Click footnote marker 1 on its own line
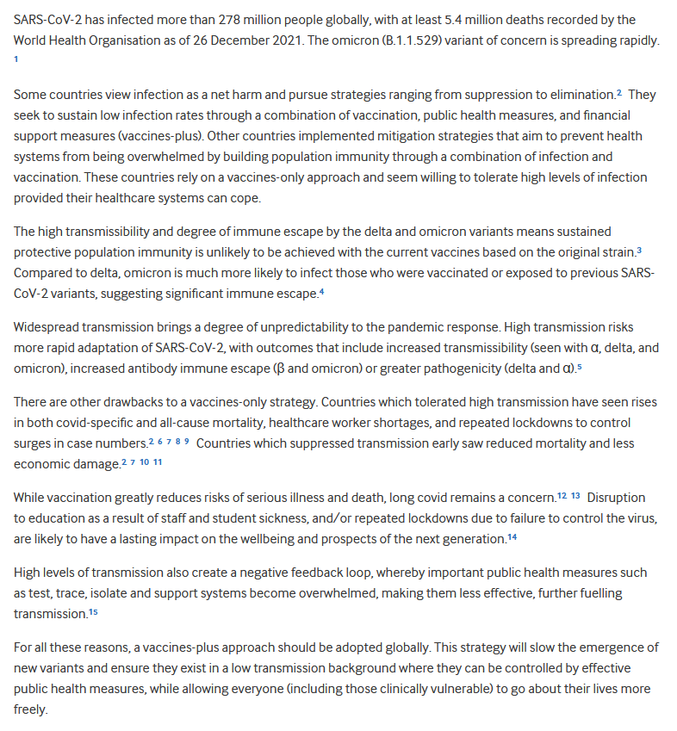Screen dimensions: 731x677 (x=16, y=59)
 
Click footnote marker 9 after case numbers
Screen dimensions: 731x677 (x=186, y=442)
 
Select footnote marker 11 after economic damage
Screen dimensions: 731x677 (x=158, y=462)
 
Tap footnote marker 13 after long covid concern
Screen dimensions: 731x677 (x=575, y=497)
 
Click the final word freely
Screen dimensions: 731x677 (x=31, y=709)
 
